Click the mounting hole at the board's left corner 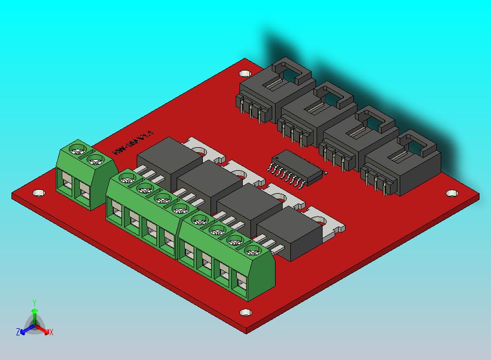click(38, 193)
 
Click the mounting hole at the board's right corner click(451, 193)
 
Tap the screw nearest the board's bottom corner click(252, 252)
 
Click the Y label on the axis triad click(34, 303)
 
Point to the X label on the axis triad click(51, 332)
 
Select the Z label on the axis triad click(17, 332)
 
